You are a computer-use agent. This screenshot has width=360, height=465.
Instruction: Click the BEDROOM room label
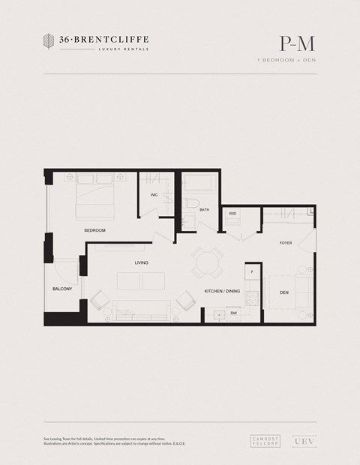tap(94, 230)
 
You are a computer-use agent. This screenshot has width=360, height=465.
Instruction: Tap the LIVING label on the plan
tap(141, 263)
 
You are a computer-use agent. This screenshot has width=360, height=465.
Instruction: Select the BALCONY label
tap(62, 289)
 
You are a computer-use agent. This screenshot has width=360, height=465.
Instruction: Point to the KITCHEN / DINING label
tap(222, 291)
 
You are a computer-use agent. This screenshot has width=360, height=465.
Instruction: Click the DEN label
tap(284, 292)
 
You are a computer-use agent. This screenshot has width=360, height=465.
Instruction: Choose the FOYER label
tap(286, 243)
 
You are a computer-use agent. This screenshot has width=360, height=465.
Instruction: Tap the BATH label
tap(204, 210)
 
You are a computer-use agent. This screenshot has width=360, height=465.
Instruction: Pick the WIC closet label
tap(154, 195)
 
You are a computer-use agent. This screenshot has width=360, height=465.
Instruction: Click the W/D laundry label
tap(232, 214)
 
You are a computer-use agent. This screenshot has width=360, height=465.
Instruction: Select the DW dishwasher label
tap(234, 313)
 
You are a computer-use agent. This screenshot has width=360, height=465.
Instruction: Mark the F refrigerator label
tap(252, 271)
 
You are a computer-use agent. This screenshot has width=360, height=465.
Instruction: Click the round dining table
tap(205, 263)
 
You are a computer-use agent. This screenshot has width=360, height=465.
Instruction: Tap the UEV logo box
tap(304, 442)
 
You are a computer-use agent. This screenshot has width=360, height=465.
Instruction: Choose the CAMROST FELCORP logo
tap(265, 442)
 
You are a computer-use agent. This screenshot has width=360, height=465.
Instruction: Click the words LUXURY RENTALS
tap(124, 49)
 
